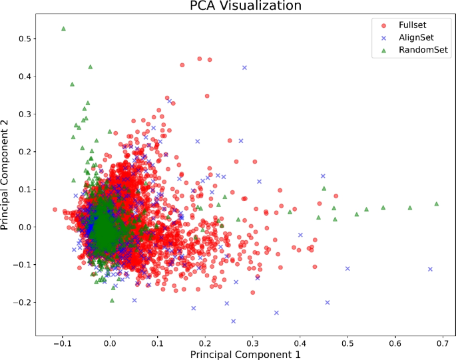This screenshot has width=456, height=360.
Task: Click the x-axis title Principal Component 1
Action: (x=245, y=354)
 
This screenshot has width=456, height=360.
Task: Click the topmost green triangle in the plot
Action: (x=63, y=29)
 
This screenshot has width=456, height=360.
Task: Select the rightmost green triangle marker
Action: (x=436, y=204)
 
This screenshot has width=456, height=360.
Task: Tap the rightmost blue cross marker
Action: (x=430, y=269)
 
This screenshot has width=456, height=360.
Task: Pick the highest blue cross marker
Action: (x=244, y=67)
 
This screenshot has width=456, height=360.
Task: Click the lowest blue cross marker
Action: (x=233, y=321)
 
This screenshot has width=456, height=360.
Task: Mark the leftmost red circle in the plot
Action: (x=55, y=209)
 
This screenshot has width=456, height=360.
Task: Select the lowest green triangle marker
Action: (x=112, y=301)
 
